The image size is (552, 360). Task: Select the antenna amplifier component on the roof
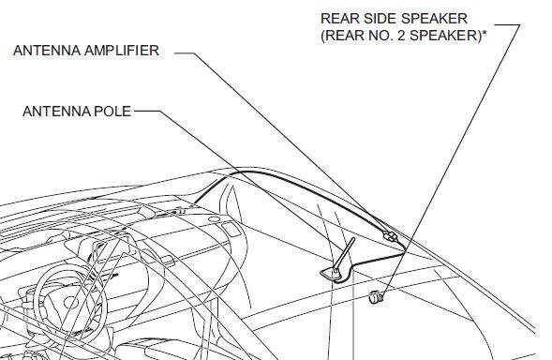click(x=388, y=235)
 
